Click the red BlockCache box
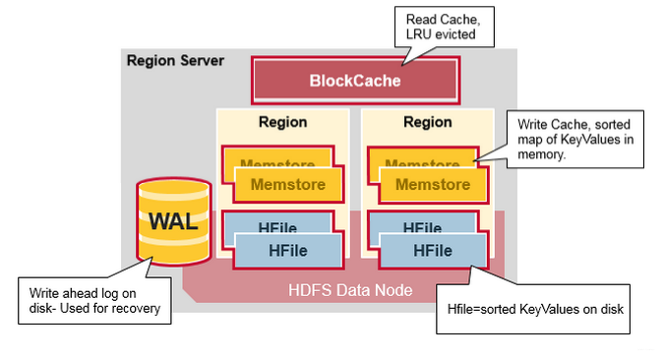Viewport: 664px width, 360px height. (x=356, y=81)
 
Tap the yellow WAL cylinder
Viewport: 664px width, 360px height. (x=172, y=221)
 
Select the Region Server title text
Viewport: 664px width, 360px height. (x=175, y=61)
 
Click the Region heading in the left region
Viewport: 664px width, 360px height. (x=282, y=123)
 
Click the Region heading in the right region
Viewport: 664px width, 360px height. (x=428, y=123)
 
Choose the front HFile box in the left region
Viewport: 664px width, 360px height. (x=288, y=251)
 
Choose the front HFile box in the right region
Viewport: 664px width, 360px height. (x=433, y=251)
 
